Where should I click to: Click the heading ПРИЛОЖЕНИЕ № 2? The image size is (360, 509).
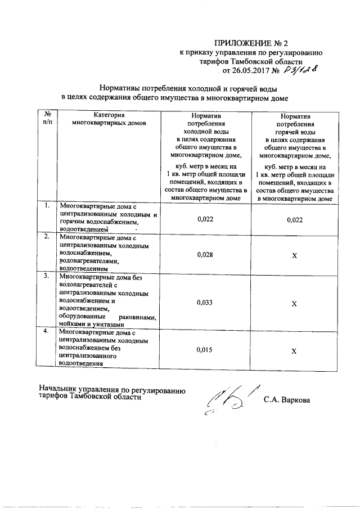251,43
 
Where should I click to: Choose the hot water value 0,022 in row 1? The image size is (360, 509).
294,219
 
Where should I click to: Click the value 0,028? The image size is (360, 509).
205,254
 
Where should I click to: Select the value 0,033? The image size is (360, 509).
205,302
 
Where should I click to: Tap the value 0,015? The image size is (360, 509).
205,350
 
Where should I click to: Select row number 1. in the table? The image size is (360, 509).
47,206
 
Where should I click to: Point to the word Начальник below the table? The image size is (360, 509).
58,389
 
